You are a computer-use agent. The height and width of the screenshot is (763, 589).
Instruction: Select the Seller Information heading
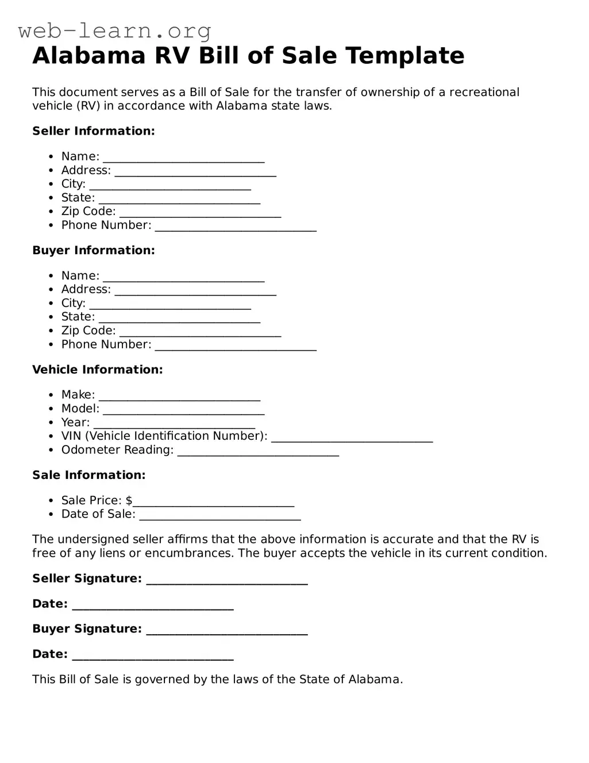click(94, 131)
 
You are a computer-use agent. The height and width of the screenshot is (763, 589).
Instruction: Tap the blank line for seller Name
click(184, 158)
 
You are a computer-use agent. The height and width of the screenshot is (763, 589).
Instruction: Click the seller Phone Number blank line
click(236, 227)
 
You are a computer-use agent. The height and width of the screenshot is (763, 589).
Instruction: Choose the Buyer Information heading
click(94, 250)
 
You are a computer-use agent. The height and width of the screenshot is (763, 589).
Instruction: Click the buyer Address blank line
click(195, 290)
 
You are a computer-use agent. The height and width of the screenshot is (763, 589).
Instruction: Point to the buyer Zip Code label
click(88, 331)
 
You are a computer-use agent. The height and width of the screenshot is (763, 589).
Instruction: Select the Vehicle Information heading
click(98, 370)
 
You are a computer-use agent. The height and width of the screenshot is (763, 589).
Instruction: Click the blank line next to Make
click(179, 396)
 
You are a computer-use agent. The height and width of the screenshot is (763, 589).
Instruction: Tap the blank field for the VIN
click(352, 437)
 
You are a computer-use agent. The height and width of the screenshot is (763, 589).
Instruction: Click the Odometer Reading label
click(117, 450)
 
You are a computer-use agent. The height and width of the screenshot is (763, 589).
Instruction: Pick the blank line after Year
click(174, 424)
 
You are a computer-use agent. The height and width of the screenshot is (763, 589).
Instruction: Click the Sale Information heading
click(89, 475)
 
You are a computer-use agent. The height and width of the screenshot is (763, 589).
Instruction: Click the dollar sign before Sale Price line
click(129, 501)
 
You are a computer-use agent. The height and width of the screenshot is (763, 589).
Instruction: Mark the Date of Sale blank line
click(220, 515)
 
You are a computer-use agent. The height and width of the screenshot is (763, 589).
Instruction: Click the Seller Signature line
click(227, 580)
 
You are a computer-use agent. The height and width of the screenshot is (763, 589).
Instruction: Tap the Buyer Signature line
click(227, 630)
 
